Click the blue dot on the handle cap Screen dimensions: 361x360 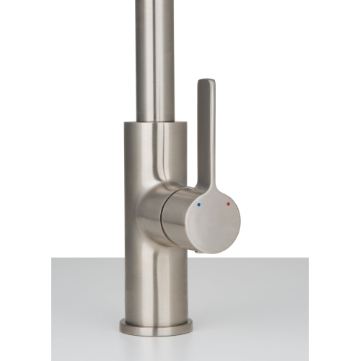(200, 205)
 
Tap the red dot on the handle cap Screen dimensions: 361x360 (229, 204)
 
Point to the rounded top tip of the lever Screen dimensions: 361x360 (206, 82)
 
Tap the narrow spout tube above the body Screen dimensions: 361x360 (154, 58)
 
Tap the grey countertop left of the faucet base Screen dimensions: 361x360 (79, 310)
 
